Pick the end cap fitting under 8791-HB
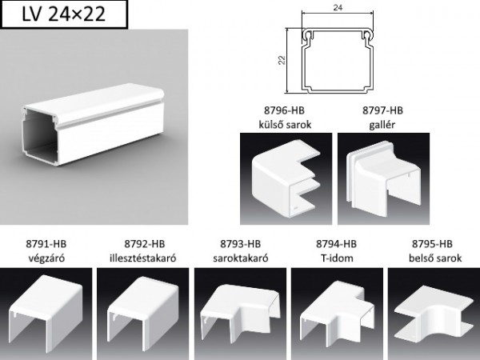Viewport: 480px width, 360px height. tap(46, 312)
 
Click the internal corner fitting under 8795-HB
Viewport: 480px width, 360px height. tap(433, 312)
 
